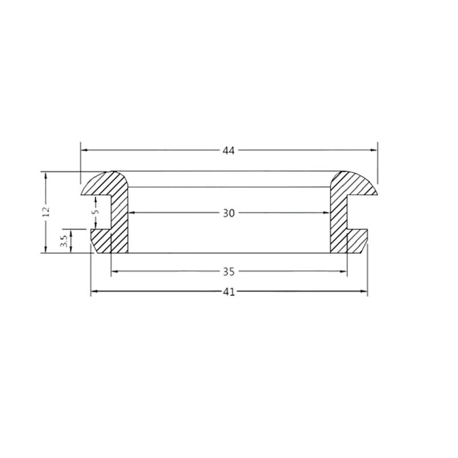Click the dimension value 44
[228, 151]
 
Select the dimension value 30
[228, 213]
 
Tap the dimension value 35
[228, 271]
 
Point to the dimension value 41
[228, 292]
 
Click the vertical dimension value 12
[46, 212]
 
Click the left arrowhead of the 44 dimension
[84, 150]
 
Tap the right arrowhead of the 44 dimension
[374, 150]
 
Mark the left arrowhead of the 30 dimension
[132, 212]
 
